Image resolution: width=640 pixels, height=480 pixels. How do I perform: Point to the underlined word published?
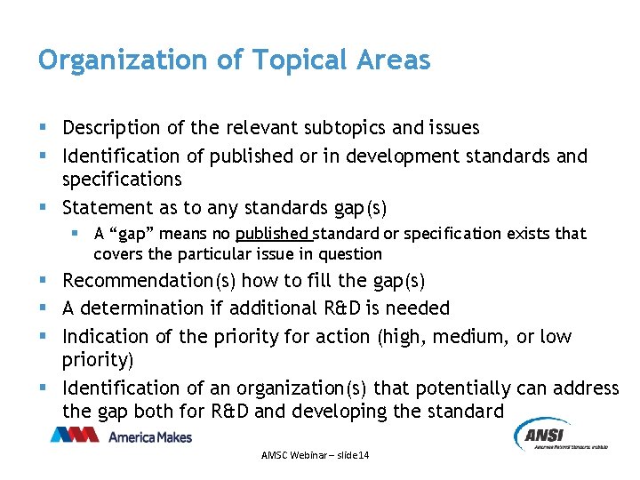(273, 234)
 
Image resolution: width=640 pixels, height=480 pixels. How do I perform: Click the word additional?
(271, 308)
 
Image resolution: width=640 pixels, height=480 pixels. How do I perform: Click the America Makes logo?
(122, 436)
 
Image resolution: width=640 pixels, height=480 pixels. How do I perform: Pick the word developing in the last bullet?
(380, 412)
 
